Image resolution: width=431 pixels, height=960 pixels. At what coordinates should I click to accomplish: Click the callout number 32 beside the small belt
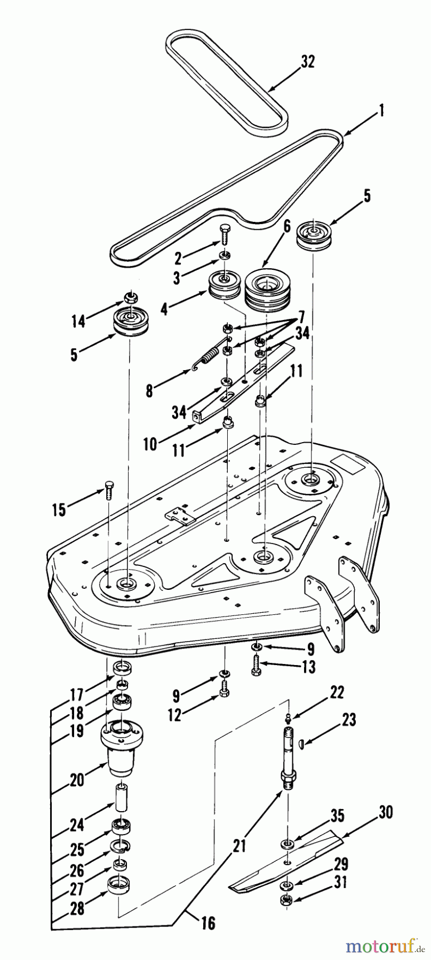coord(308,62)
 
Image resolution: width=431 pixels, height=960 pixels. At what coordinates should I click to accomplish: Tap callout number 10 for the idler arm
coord(150,443)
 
